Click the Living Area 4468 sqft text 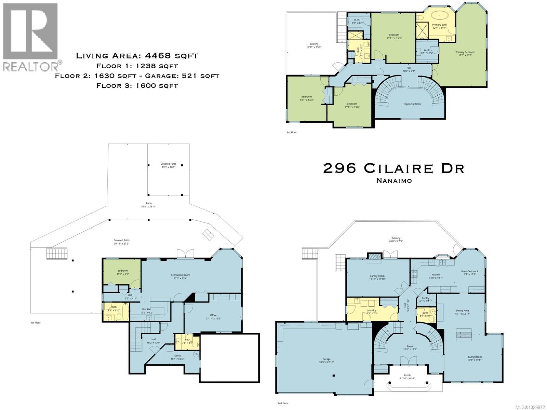pyautogui.click(x=137, y=56)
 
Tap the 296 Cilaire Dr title pyautogui.click(x=393, y=168)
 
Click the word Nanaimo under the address pyautogui.click(x=394, y=181)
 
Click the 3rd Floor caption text pyautogui.click(x=292, y=132)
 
